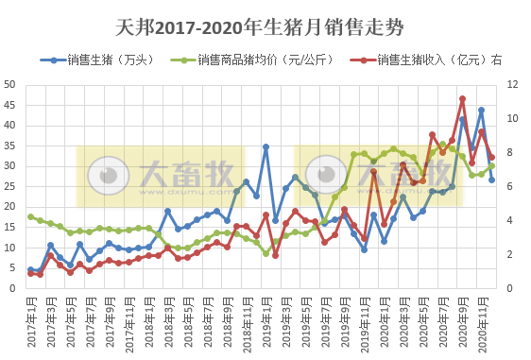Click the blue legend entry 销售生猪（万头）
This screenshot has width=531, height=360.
click(x=104, y=60)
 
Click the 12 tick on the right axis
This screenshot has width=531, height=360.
click(x=511, y=84)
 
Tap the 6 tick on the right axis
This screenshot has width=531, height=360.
click(x=508, y=186)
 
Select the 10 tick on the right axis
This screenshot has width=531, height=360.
click(x=511, y=118)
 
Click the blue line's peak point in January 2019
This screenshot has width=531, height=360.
click(x=266, y=146)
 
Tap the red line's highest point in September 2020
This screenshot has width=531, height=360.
click(x=462, y=98)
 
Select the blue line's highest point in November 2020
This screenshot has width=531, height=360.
click(x=482, y=110)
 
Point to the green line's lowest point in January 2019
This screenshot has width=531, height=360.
click(x=266, y=253)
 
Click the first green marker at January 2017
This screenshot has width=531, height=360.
click(x=31, y=216)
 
